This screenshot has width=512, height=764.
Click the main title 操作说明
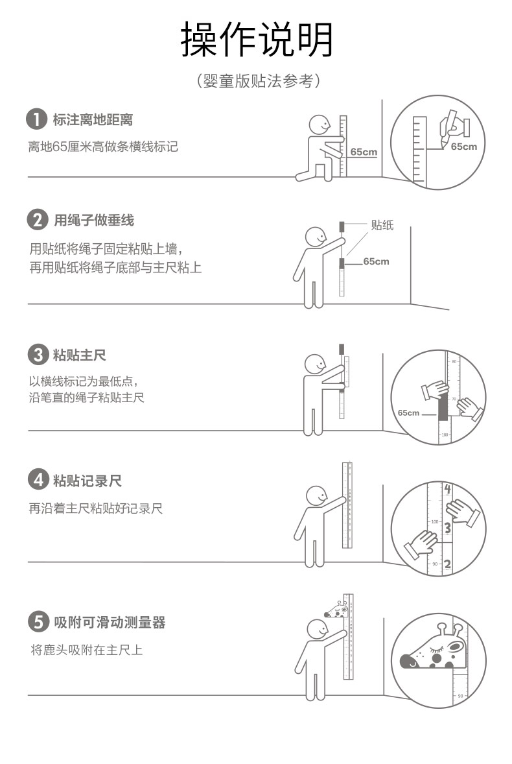257,40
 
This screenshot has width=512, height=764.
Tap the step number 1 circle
36,119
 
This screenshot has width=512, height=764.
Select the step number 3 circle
38,355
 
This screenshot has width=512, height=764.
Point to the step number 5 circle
38,622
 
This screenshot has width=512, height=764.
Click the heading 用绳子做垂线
94,221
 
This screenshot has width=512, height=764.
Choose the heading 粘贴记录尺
87,481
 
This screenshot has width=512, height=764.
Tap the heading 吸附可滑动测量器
110,622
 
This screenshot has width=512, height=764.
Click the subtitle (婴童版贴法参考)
259,81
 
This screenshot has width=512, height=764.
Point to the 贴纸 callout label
382,224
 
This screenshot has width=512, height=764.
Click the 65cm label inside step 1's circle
464,146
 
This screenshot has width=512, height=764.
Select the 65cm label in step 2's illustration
376,261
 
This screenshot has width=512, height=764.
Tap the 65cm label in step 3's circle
408,412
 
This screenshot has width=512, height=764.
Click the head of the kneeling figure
320,125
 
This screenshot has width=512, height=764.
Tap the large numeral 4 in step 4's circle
448,489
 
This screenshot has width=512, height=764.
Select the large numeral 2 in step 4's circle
447,564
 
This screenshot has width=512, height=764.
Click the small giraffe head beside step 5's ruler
336,609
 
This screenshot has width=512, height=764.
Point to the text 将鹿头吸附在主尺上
87,649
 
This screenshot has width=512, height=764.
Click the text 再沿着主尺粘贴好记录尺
95,508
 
